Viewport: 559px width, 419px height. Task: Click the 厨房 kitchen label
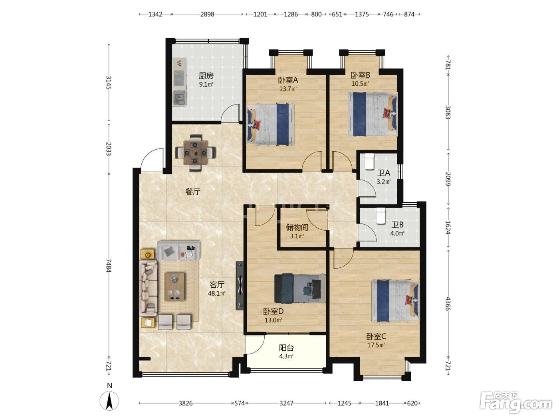pos(206,75)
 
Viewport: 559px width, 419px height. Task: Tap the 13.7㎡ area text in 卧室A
pos(288,89)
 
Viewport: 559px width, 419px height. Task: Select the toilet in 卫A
pos(369,161)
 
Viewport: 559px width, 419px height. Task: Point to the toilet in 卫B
pos(381,216)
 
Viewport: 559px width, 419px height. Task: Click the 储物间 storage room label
pos(297,227)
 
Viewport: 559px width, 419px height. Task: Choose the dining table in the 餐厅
pos(195,153)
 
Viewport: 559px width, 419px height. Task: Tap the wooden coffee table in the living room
pos(175,287)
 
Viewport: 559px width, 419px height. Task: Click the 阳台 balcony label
pos(287,348)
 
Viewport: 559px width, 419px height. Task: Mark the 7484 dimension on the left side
pos(109,265)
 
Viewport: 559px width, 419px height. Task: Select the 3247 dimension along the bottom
pos(287,403)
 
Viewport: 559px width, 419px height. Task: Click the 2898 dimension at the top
pos(207,14)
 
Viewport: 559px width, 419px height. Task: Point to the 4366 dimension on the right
pos(448,304)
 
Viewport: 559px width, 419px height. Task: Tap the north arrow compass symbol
pos(109,401)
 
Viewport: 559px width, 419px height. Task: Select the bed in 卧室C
pos(395,300)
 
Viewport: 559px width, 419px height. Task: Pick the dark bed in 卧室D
pos(300,289)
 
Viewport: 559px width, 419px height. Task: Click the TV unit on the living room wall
pos(240,286)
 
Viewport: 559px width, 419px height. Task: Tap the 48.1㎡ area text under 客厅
pos(216,293)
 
